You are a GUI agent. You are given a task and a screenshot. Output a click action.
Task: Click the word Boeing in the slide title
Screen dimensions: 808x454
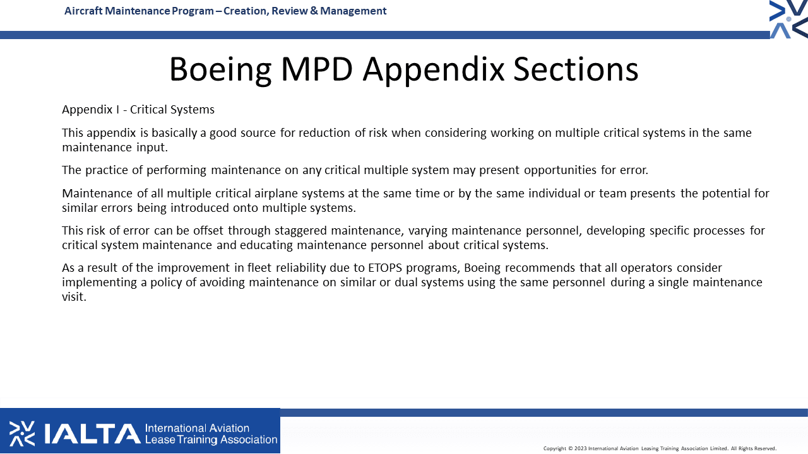[220, 70]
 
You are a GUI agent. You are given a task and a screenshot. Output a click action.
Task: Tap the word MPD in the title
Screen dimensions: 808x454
[316, 69]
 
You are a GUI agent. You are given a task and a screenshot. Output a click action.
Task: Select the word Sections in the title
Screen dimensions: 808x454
[576, 69]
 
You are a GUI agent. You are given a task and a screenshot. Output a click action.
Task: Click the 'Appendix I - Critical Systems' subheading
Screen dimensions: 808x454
[138, 110]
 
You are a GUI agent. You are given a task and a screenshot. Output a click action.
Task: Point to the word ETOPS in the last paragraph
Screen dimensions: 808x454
[384, 268]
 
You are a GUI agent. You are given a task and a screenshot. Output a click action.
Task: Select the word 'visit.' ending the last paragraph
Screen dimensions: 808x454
[74, 296]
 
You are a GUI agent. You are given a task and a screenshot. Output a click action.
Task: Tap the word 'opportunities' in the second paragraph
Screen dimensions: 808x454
[560, 170]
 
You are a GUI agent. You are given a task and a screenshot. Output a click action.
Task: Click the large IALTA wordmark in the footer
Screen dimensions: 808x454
[92, 433]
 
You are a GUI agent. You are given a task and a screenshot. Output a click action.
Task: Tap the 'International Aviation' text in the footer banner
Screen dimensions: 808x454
[197, 428]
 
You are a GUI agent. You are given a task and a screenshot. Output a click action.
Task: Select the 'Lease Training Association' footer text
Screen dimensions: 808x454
[211, 439]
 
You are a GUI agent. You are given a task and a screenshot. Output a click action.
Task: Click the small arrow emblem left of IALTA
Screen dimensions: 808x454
[22, 433]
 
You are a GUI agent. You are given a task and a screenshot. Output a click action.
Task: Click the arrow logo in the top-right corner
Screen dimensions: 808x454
[788, 19]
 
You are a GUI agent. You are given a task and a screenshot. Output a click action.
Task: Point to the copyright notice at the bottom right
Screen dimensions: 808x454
[660, 448]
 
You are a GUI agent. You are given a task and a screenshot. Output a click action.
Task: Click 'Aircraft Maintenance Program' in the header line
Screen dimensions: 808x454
[139, 11]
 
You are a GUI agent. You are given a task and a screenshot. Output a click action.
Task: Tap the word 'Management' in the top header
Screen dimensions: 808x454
[353, 11]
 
